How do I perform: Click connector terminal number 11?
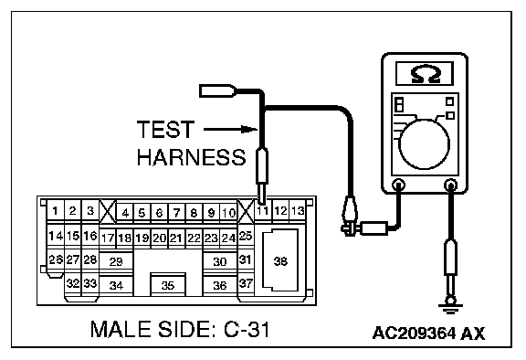coord(263,211)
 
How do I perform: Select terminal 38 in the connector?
coord(280,260)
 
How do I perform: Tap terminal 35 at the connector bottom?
coord(168,284)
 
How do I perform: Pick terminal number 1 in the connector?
coord(56,211)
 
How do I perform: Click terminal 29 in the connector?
coord(116,261)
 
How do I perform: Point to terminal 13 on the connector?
coord(298,211)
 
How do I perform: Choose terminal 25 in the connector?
coord(246,236)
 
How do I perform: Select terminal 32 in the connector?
coord(73,283)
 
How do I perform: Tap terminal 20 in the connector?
coord(159,238)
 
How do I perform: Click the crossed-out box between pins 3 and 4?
coord(108,211)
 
